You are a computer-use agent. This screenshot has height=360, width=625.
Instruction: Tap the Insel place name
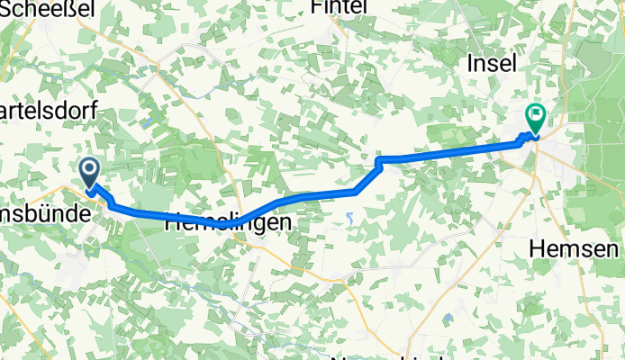[493, 64]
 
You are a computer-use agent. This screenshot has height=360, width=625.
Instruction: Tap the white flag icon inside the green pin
[536, 113]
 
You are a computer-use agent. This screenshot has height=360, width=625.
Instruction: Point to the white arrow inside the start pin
[90, 167]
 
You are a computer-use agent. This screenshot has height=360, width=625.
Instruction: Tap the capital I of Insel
[471, 64]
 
